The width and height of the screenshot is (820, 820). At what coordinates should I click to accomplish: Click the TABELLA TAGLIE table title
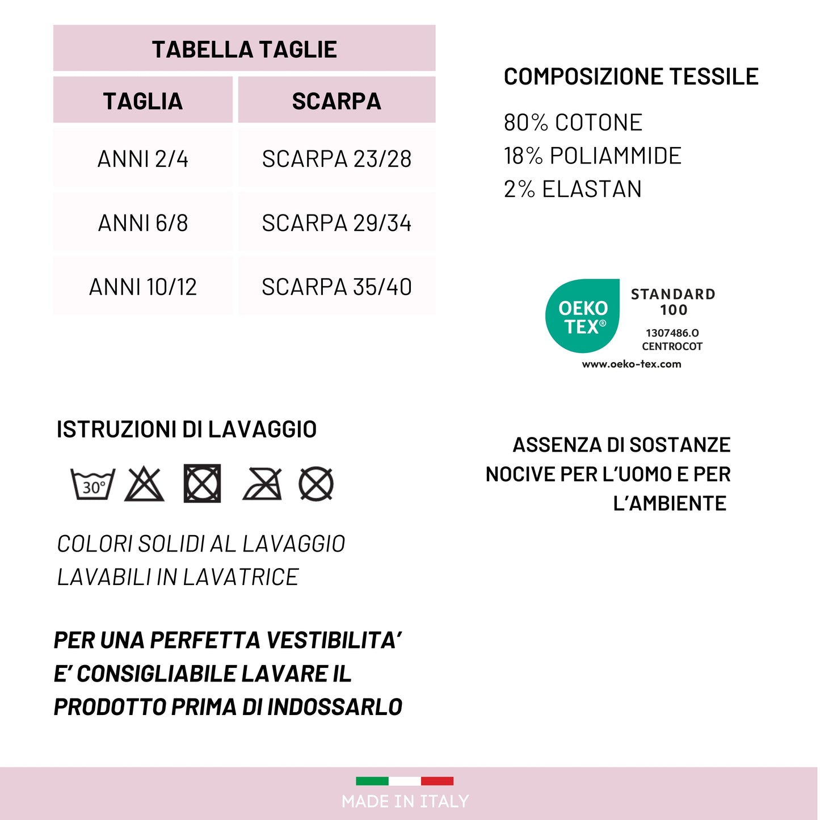244,49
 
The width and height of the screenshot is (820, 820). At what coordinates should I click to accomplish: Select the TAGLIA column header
143,101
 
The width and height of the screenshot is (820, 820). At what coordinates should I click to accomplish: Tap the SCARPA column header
337,101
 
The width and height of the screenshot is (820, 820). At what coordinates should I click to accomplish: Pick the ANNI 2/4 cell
143,159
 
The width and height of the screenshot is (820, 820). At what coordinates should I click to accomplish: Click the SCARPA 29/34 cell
337,223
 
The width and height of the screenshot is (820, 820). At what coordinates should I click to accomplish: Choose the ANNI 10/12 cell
143,287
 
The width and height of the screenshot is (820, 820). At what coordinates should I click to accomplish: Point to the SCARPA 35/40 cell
337,287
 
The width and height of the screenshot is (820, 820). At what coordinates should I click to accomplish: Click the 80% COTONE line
573,123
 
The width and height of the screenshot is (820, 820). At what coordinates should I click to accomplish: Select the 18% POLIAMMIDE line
592,156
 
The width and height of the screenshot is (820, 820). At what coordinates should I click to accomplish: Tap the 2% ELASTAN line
573,189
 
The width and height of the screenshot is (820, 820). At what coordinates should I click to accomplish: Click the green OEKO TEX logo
582,316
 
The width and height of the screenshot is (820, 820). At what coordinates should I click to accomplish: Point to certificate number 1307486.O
672,333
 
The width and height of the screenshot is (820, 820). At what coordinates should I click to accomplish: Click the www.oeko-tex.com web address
632,364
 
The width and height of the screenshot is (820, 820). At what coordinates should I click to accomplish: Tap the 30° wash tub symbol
92,484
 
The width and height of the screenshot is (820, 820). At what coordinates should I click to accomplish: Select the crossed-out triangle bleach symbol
144,484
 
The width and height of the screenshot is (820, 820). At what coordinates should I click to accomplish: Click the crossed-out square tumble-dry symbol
202,483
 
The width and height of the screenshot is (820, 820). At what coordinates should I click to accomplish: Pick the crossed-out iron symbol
262,484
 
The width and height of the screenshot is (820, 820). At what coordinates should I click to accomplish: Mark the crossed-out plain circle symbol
316,484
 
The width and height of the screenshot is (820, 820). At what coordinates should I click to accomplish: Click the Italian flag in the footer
405,781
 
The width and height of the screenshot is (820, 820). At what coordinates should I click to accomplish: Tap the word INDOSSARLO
335,707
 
